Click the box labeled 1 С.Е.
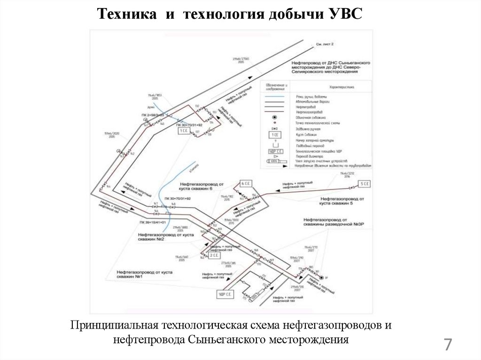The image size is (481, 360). click(x=184, y=131)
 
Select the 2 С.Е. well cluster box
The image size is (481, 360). click(x=214, y=256)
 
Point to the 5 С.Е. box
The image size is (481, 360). click(x=365, y=183)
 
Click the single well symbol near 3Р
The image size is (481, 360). click(x=321, y=278)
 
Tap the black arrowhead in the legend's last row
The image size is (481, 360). click(x=285, y=165)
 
